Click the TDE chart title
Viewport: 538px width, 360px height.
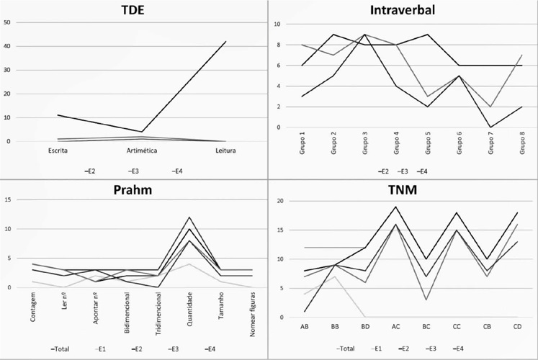[x=133, y=10]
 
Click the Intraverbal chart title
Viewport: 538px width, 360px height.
[x=403, y=10]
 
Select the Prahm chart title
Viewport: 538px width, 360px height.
[x=133, y=190]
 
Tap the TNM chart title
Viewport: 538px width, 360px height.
[x=403, y=189]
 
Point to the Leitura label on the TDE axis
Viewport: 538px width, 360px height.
[x=225, y=150]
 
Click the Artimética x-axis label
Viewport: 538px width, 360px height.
[x=142, y=150]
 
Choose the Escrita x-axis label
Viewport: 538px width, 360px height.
[x=58, y=150]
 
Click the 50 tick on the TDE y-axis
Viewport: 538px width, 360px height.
[x=7, y=22]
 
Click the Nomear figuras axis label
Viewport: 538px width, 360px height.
[x=253, y=314]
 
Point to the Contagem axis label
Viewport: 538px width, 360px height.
[x=33, y=307]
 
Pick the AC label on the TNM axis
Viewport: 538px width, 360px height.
[x=395, y=326]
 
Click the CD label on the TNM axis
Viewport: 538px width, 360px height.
[x=517, y=326]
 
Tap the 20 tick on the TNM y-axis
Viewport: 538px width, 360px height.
[x=280, y=201]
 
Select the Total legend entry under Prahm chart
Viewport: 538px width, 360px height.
[x=60, y=349]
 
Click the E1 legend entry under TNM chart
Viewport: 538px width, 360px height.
[x=376, y=348]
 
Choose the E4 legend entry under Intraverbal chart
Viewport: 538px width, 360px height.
[x=422, y=171]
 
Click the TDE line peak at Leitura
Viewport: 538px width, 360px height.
[x=225, y=42]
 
